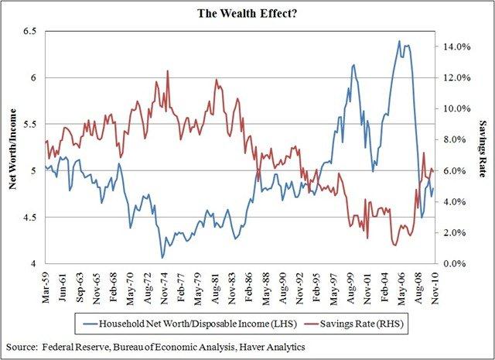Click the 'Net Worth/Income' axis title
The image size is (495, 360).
(x=13, y=147)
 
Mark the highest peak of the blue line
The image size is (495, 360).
(x=399, y=41)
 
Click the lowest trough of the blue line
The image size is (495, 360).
(x=162, y=258)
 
